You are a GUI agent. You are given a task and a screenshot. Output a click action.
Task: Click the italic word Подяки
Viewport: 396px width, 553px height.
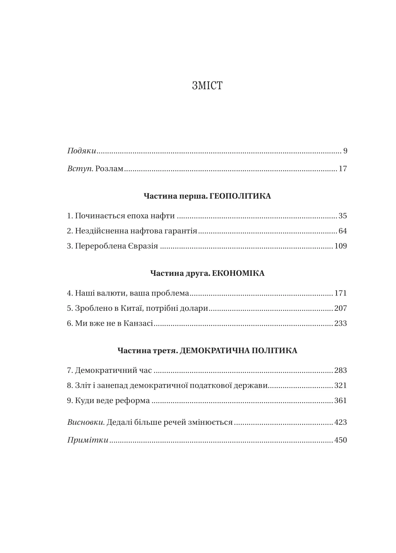coord(82,151)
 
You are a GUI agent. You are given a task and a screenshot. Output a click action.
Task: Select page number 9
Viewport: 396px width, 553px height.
coord(345,151)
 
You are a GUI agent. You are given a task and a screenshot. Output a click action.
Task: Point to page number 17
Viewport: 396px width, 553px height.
coord(343,169)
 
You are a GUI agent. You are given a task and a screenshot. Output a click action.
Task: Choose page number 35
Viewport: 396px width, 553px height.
coord(343,216)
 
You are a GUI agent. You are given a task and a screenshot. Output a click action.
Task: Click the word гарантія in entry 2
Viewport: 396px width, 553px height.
coord(181,231)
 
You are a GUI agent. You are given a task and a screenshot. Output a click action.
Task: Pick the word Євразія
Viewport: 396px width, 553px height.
coord(143,246)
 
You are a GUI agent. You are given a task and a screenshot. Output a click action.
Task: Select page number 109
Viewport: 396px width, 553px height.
coord(341,246)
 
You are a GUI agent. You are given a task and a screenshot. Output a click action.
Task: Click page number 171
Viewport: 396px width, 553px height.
coord(341,293)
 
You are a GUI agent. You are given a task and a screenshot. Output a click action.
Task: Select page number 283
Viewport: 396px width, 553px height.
coord(341,370)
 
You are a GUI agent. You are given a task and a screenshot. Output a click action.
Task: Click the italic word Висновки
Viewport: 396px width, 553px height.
coord(86,422)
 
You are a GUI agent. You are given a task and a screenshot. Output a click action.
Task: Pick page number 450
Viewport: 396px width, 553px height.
coord(341,440)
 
